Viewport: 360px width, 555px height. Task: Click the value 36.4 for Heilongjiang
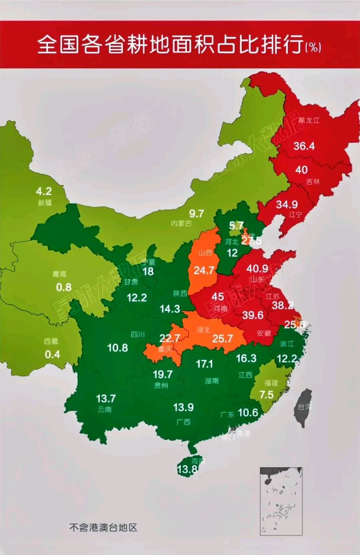click(304, 146)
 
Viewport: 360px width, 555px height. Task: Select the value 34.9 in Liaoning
click(287, 204)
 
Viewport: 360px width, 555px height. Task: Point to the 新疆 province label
click(44, 203)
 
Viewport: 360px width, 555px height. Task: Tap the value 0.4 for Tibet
click(52, 354)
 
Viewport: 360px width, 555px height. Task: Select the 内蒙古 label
click(181, 223)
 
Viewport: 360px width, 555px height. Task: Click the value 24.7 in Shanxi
click(204, 271)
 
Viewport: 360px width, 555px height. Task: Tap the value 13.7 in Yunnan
click(107, 398)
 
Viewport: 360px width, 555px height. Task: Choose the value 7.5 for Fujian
click(267, 395)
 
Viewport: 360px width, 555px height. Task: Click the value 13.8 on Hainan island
click(187, 468)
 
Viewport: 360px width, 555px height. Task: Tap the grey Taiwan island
click(303, 408)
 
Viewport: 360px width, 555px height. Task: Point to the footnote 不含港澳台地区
click(103, 528)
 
